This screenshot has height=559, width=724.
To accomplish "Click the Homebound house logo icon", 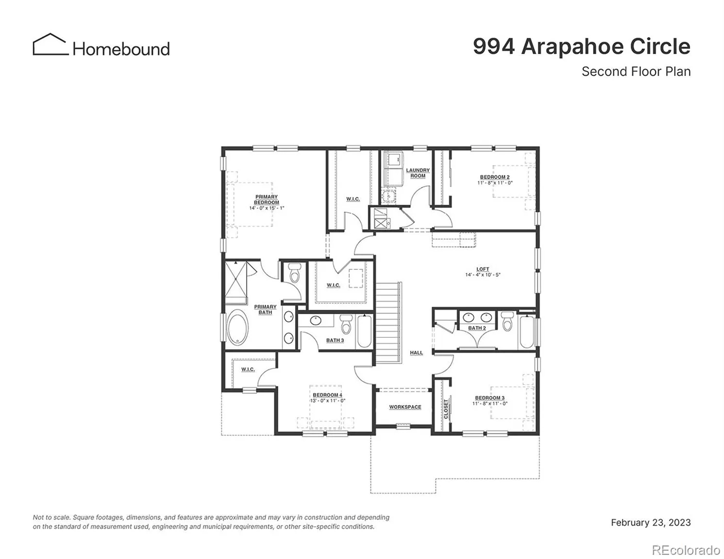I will click(50, 45).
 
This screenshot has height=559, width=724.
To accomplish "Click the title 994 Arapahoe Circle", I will click(581, 46).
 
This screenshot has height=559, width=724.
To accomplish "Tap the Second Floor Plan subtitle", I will click(636, 72).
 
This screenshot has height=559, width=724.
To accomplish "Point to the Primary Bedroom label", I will click(266, 200).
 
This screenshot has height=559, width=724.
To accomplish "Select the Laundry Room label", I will click(417, 173).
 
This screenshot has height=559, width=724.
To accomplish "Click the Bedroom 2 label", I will click(494, 178).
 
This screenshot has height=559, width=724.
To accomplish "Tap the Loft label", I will click(482, 270).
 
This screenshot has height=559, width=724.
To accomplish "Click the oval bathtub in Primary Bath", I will click(238, 328).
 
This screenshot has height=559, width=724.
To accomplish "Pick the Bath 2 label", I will click(477, 328).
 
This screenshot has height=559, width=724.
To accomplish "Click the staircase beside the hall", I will click(389, 322).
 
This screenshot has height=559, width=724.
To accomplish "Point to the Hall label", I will click(416, 353).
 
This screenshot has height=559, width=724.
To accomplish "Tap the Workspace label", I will click(405, 407).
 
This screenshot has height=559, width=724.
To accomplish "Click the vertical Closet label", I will click(446, 408).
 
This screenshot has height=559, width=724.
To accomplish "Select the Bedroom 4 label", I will click(327, 395).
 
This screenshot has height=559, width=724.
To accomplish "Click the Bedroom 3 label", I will click(490, 398).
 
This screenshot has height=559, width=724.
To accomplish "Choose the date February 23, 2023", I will click(650, 523).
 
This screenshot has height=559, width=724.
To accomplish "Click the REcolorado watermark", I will click(686, 549).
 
